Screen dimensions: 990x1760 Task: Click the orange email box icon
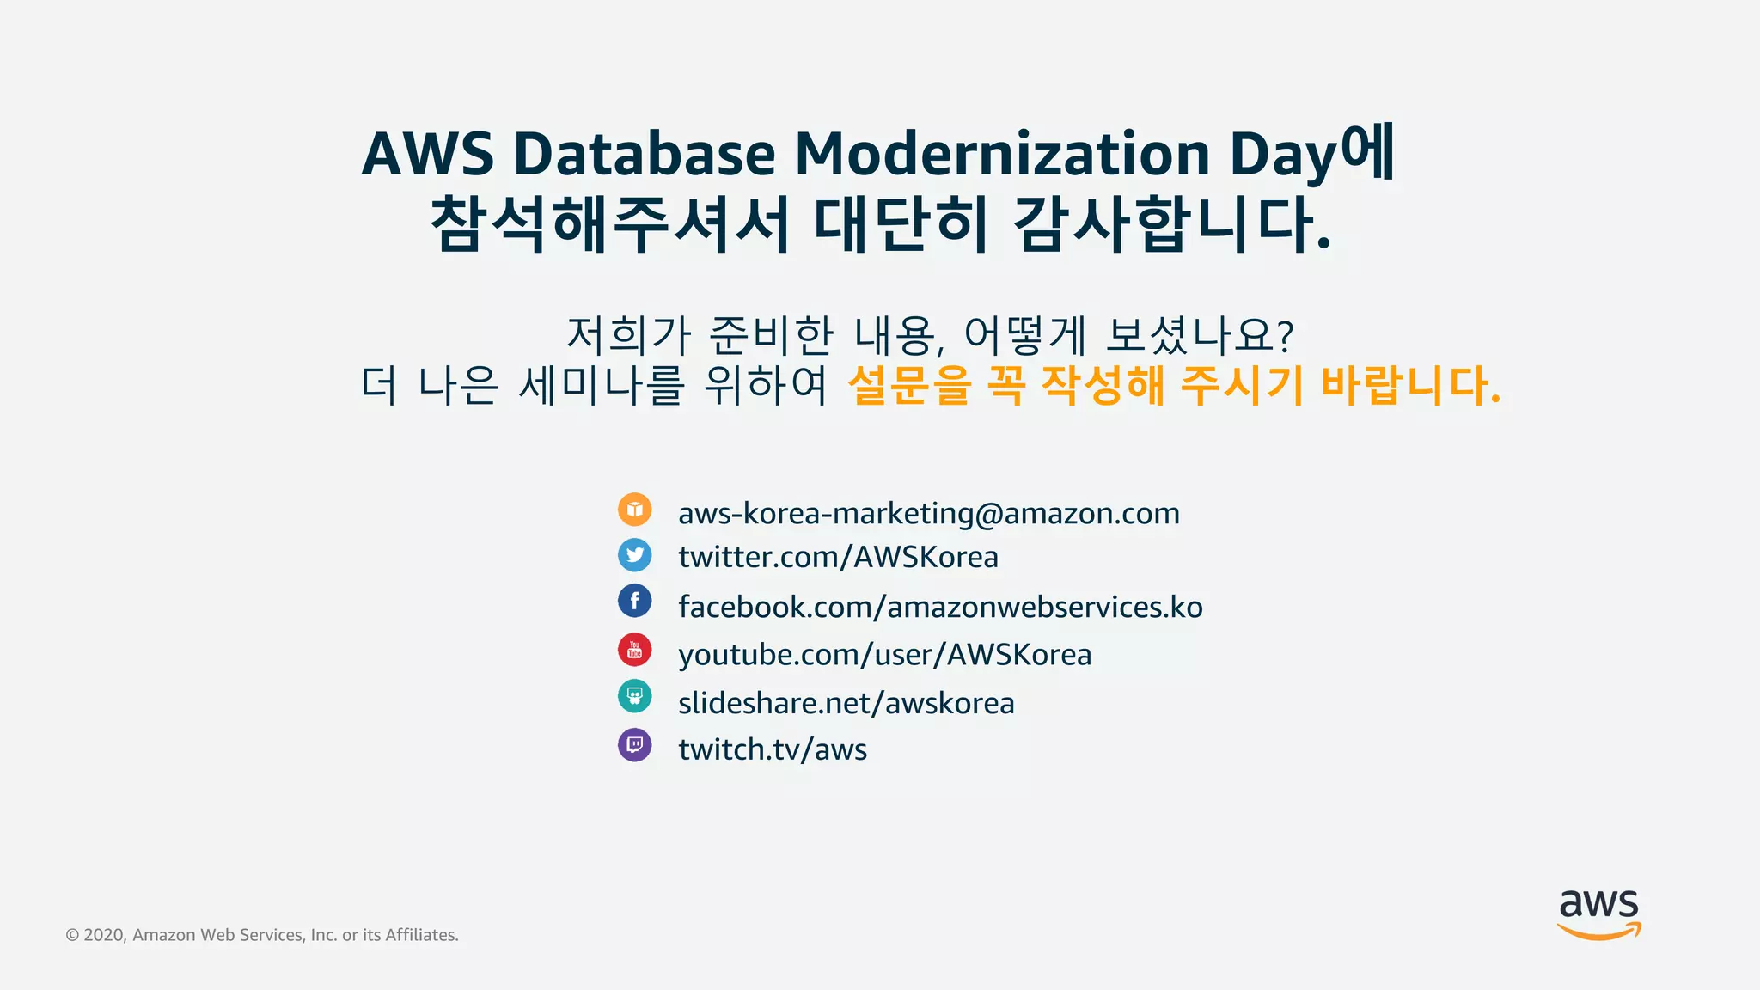click(634, 510)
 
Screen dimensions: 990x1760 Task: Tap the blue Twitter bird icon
click(634, 555)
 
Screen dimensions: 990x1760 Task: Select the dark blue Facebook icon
click(634, 601)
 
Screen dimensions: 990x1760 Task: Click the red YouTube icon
click(634, 650)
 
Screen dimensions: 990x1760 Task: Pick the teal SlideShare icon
click(634, 696)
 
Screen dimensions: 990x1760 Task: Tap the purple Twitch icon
click(634, 745)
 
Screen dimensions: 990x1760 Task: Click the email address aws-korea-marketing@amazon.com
click(928, 513)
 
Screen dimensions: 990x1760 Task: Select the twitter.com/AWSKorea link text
click(838, 557)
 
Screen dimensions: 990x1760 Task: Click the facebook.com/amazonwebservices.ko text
click(940, 607)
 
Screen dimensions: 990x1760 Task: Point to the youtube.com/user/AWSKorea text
click(884, 655)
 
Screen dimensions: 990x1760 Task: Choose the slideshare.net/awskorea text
click(846, 703)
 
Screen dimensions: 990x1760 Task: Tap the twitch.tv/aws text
click(772, 749)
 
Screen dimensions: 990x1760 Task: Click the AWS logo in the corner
click(1598, 914)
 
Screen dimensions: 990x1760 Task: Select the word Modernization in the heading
click(1002, 154)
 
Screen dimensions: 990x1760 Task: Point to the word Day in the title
click(1284, 156)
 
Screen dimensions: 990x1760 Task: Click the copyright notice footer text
click(262, 935)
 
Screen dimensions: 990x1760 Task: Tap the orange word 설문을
click(909, 385)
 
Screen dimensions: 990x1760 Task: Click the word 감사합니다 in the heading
click(1172, 223)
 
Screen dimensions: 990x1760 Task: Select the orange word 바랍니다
click(1409, 385)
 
